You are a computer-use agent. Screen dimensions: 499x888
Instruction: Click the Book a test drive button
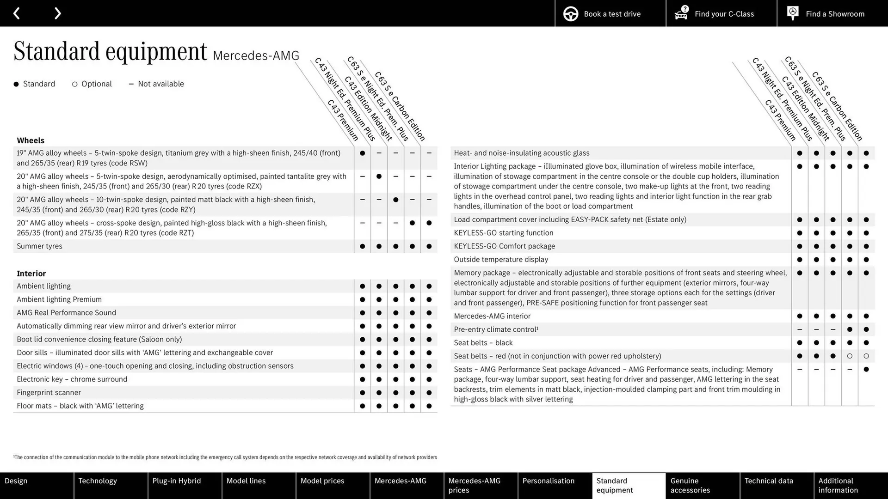(610, 13)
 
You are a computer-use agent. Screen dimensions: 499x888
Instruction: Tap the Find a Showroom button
(832, 13)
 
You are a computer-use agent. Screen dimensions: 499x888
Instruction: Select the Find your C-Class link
(721, 13)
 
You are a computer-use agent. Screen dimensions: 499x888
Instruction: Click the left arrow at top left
(17, 13)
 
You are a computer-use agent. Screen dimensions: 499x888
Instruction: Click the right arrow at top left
(57, 13)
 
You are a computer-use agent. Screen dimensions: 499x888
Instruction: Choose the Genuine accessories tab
(703, 485)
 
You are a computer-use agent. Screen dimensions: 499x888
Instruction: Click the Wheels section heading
(31, 140)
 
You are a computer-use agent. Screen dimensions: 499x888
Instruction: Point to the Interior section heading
(31, 274)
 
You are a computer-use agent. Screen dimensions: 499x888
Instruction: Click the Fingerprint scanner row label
(49, 393)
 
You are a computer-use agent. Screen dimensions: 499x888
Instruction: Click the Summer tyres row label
(39, 246)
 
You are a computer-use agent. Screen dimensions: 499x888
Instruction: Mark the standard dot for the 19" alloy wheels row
(362, 153)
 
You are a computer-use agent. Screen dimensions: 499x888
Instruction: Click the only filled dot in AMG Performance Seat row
(866, 370)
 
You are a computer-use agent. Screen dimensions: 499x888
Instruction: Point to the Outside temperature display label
(501, 260)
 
